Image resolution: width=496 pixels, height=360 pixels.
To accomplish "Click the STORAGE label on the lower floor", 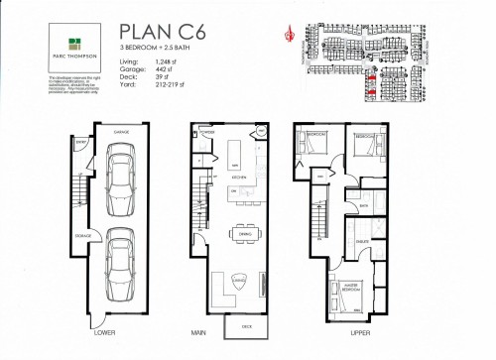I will [x=84, y=236].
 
